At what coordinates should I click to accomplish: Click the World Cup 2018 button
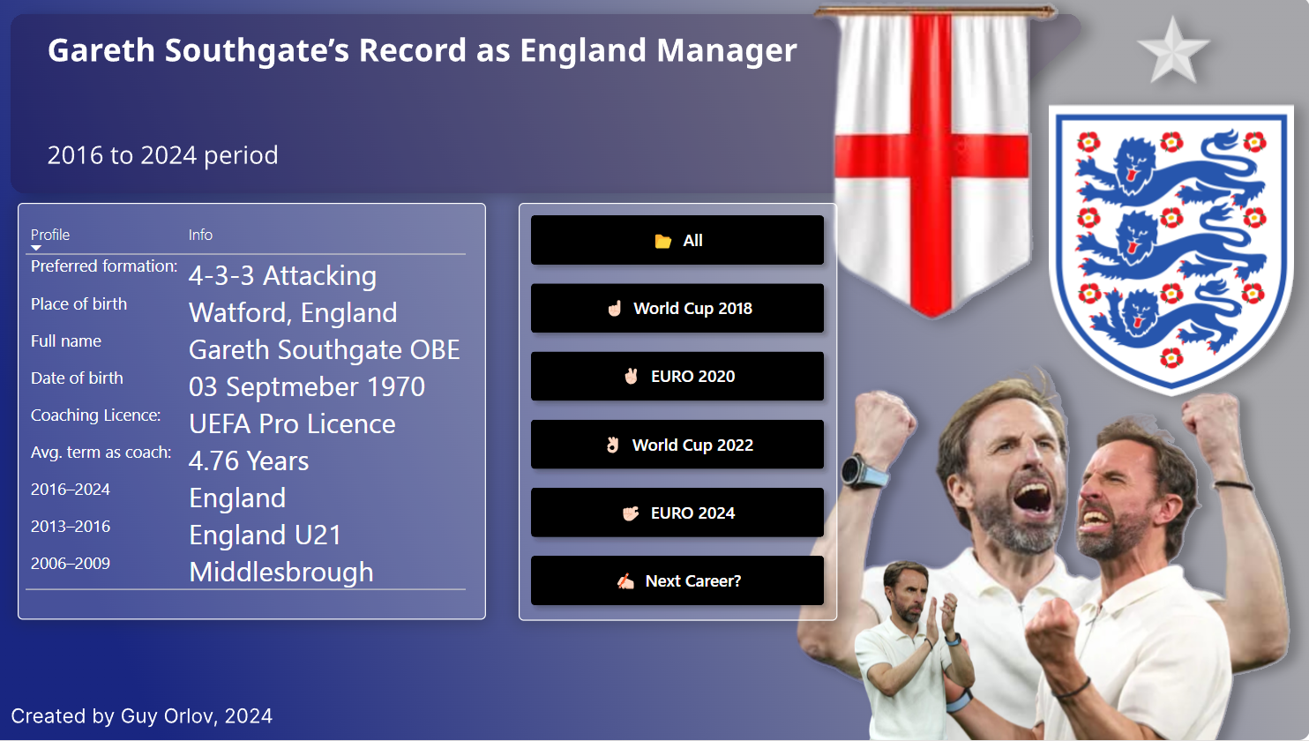677,308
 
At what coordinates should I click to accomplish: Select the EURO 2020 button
677,376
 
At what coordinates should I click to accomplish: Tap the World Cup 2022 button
677,444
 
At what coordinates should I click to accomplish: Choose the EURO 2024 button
677,513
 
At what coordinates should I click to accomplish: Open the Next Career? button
677,580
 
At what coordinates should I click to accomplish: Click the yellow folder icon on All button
662,241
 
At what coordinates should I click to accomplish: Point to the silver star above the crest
1172,51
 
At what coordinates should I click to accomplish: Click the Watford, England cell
293,312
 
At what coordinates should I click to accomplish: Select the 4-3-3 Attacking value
282,275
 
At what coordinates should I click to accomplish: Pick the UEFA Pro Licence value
292,423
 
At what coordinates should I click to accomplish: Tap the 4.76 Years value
249,460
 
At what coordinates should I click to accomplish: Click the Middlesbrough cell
281,572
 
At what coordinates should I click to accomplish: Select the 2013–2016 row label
71,526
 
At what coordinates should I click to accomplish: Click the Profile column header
50,235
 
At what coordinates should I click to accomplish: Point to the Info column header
200,235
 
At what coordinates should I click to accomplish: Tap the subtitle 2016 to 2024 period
162,155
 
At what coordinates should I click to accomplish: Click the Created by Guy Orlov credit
141,716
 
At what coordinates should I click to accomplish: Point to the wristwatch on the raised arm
864,472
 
